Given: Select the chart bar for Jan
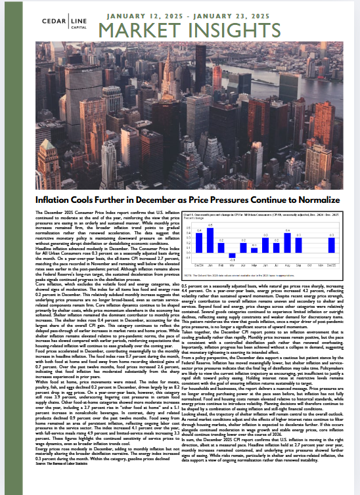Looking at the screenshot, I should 210,240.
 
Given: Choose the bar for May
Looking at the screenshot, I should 255,249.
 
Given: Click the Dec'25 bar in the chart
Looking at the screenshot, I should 332,245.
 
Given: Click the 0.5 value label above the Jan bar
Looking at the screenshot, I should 210,226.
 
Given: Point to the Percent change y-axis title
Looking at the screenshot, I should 192,218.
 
